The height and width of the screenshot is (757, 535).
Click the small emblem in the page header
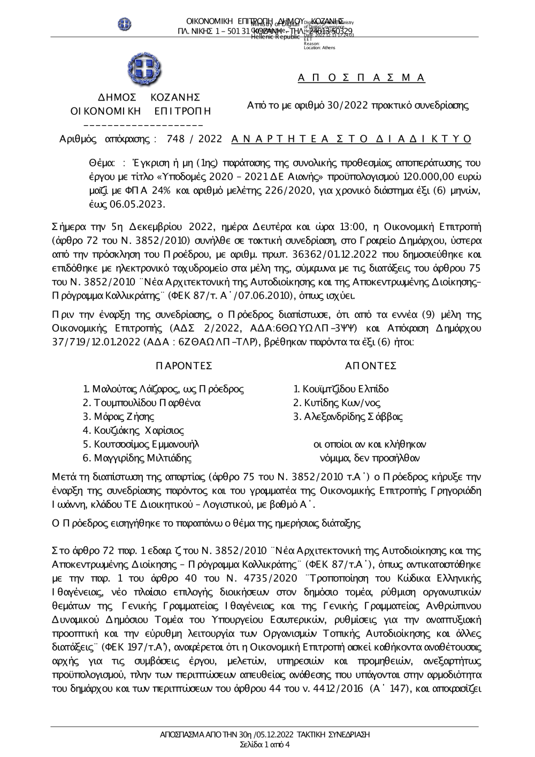pos(125,24)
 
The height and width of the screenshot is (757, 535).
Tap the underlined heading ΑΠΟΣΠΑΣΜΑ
pos(362,78)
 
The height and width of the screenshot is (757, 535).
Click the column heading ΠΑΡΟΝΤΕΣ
pos(184,366)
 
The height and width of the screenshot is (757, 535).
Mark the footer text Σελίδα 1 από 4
pos(266,744)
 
